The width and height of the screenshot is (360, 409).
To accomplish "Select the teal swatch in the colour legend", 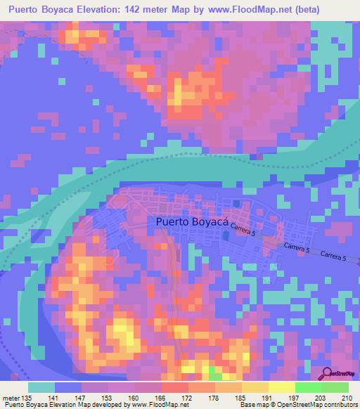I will (x=41, y=387).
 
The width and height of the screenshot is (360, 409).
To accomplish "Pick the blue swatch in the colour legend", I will (x=68, y=387).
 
